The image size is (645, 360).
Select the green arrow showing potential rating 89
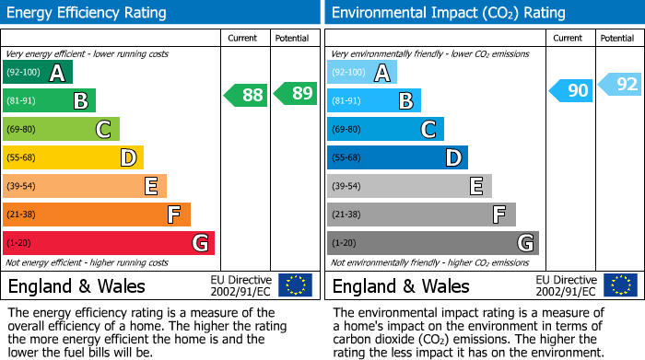pos(296,94)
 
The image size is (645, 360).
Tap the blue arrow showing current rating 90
pos(570,90)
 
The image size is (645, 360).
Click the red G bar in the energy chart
pos(109,243)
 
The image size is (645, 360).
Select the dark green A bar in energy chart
pos(38,72)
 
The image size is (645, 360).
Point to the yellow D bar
pos(73,157)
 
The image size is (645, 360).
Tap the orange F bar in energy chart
pos(97,215)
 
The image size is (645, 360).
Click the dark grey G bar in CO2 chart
pos(432,243)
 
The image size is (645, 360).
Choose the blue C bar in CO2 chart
pos(385,129)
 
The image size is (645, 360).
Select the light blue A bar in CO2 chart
pos(362,72)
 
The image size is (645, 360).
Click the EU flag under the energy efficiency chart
pos(295,285)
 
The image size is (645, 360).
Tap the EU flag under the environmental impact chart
pos(620,285)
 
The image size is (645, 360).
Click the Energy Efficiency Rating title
pos(88,13)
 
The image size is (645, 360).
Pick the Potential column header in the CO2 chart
pos(616,39)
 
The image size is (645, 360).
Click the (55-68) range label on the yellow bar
pos(21,158)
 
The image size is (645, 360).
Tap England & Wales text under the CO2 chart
pos(401,286)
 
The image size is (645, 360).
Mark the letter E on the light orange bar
pos(151,187)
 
